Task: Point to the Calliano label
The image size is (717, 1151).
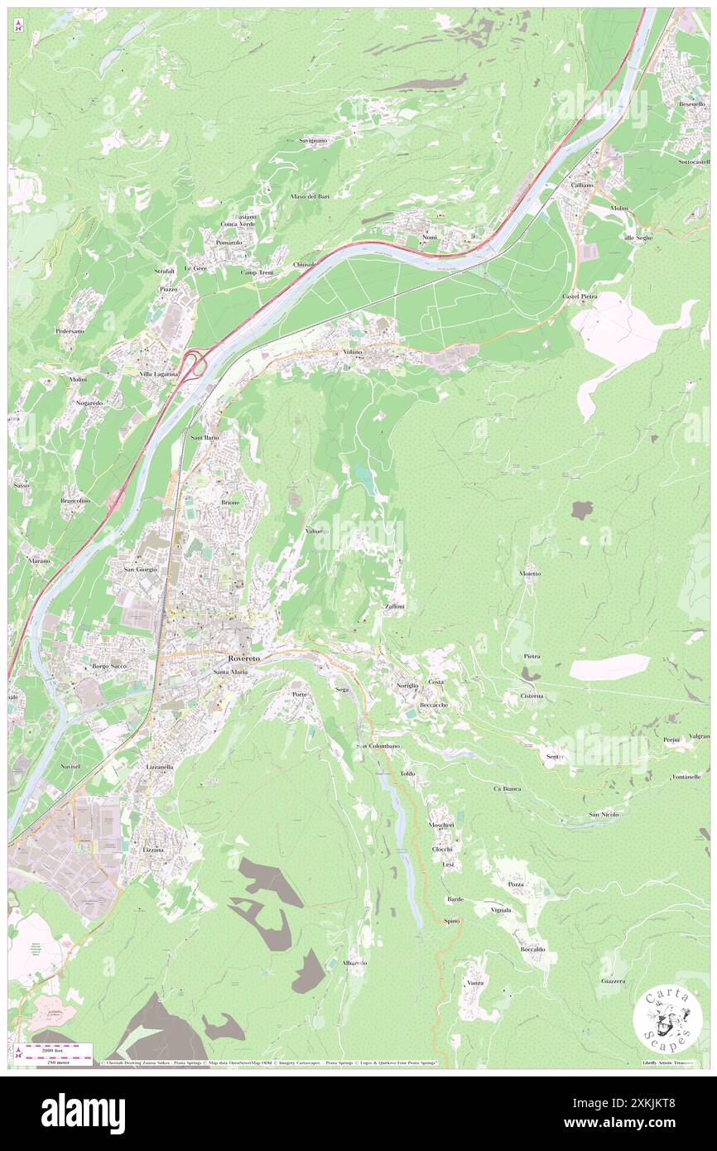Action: (x=581, y=185)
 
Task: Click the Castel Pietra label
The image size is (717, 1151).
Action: (x=580, y=296)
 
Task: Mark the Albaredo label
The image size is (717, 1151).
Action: (x=354, y=963)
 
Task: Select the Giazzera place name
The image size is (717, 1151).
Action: (x=614, y=981)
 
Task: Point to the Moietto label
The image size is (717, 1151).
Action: (x=530, y=573)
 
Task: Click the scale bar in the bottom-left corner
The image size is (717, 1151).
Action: (x=55, y=1049)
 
